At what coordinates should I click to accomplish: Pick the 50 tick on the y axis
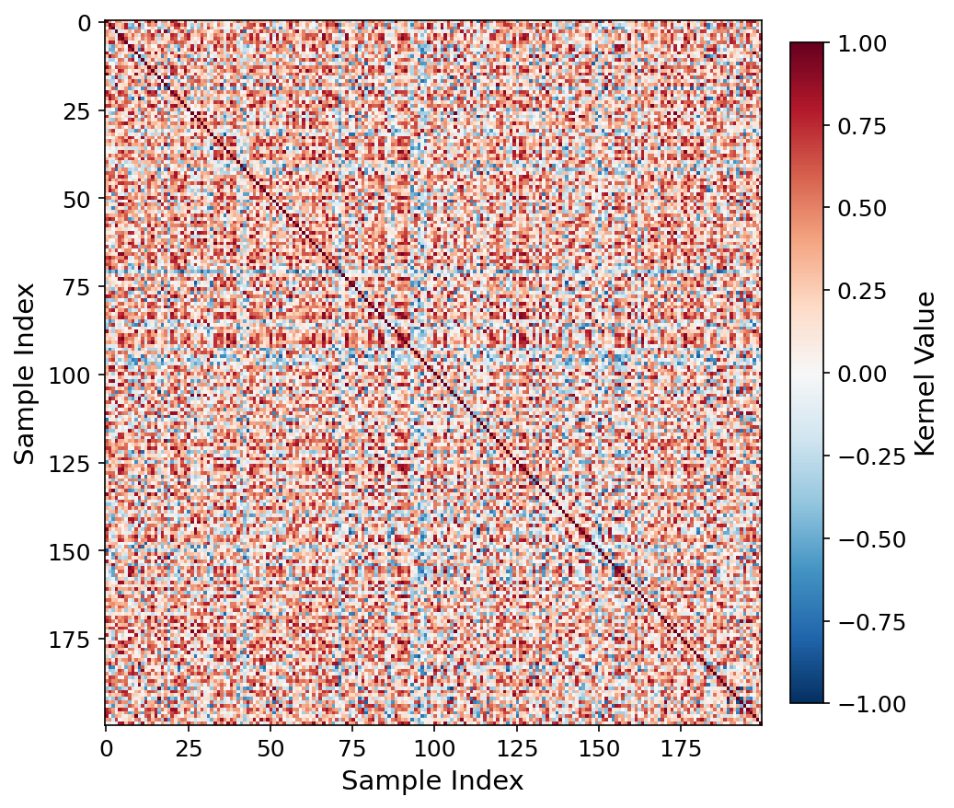coord(79,199)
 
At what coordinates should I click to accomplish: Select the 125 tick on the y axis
coord(73,463)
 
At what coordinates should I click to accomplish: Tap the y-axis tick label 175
coord(73,639)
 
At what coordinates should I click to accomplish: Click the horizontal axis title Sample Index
coord(432,781)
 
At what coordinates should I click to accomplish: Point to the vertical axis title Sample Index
coord(25,373)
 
